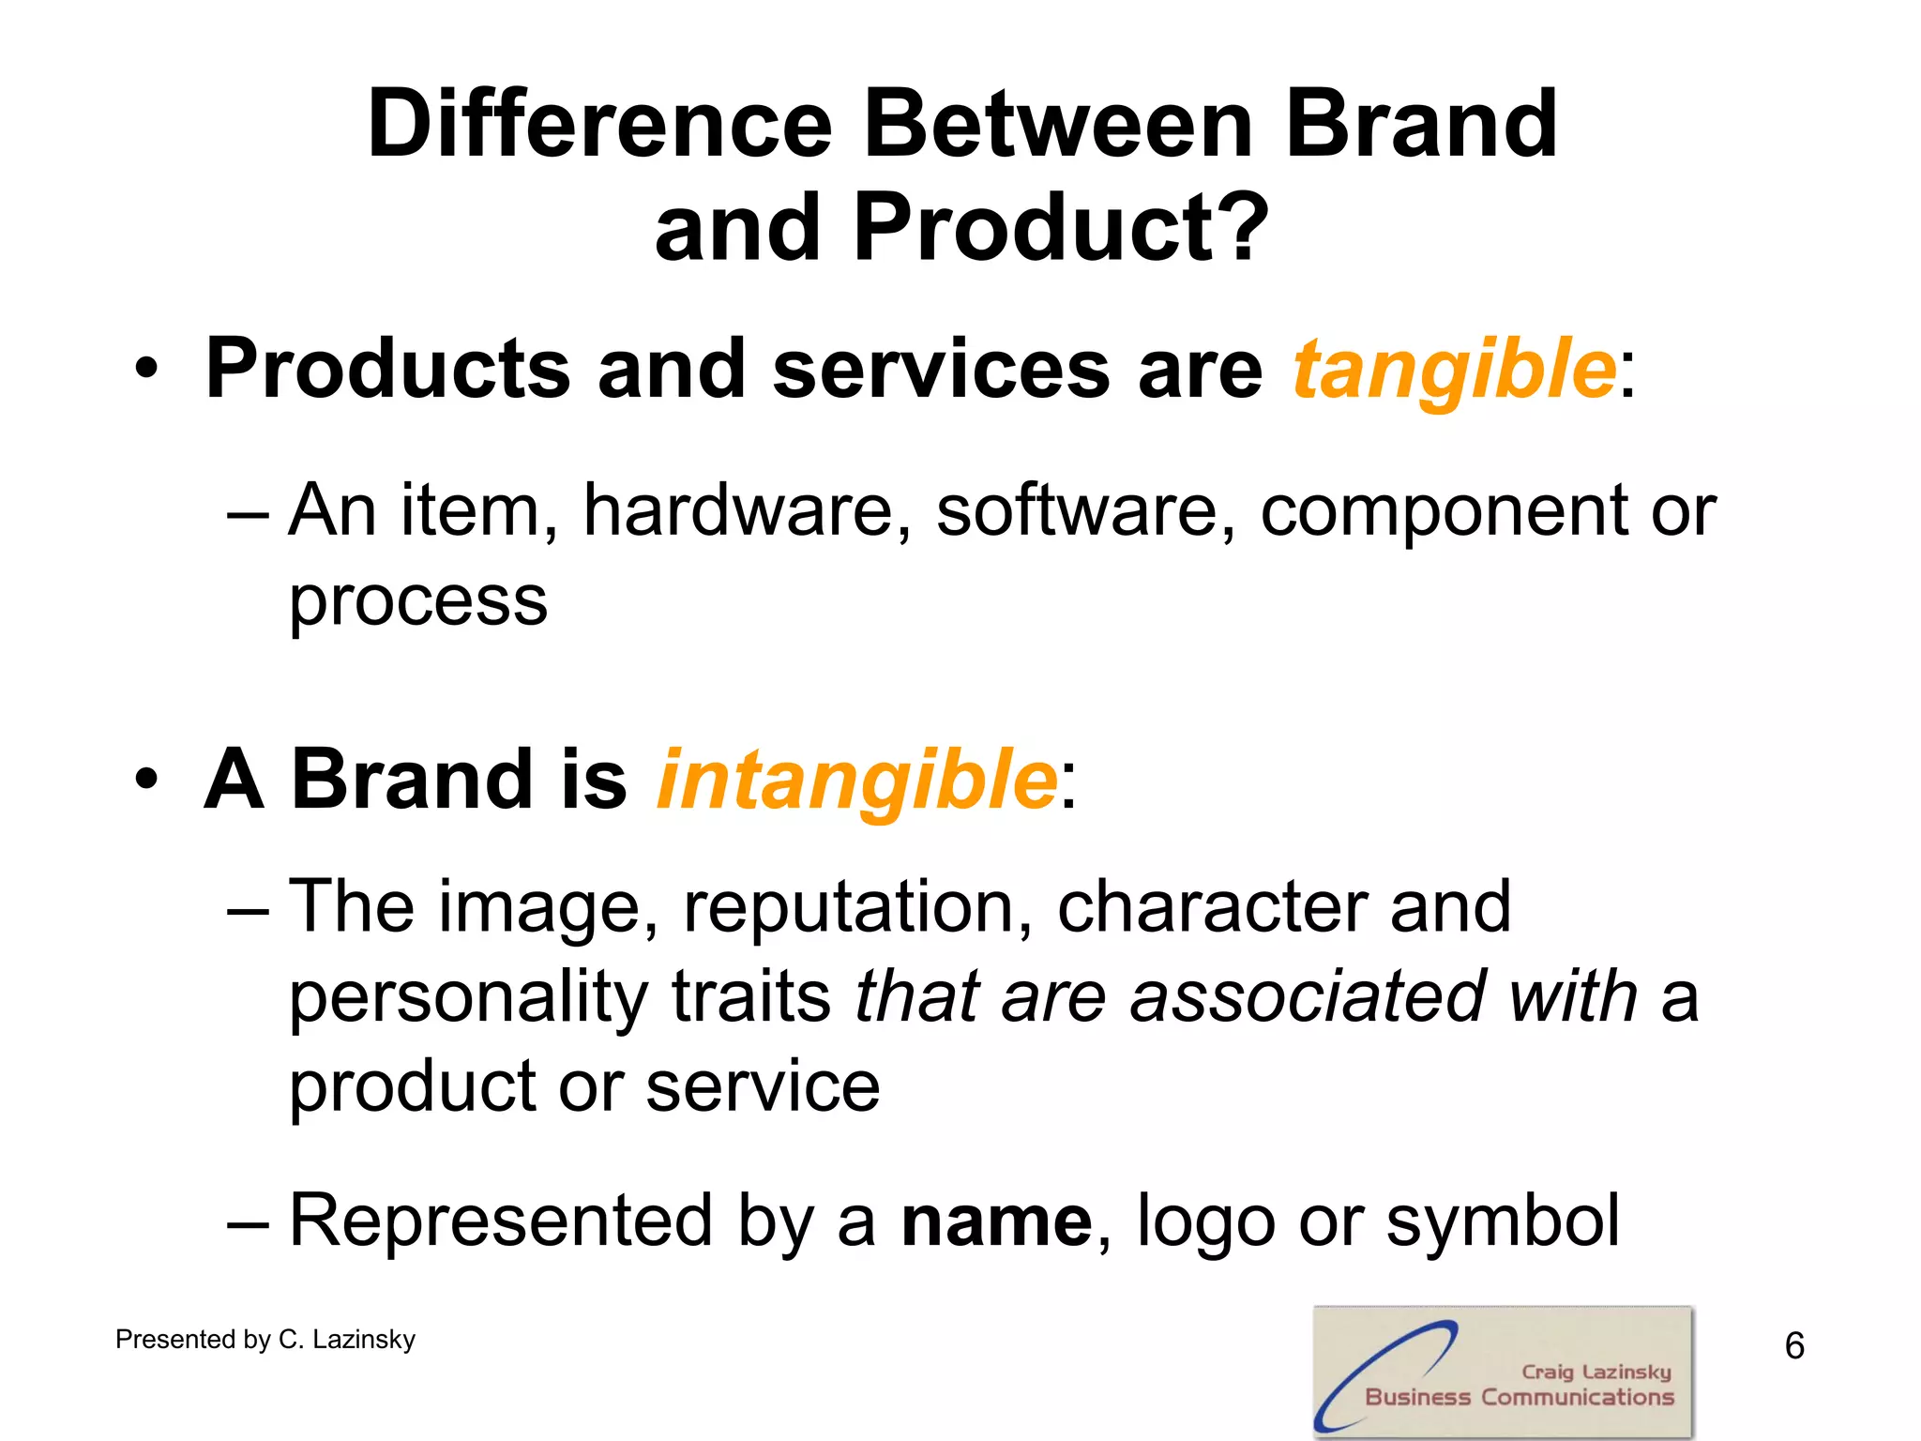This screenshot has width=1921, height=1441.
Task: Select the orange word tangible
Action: (x=1454, y=370)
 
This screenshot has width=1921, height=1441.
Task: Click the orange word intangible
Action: (x=856, y=781)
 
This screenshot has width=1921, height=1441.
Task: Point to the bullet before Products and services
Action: (x=146, y=370)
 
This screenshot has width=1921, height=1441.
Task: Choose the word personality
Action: (x=467, y=997)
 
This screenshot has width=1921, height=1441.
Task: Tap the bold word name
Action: (x=996, y=1221)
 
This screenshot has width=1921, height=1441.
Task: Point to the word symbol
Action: (x=1502, y=1221)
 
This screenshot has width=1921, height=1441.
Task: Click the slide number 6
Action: (x=1793, y=1346)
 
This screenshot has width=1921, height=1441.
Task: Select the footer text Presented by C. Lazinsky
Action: (x=265, y=1340)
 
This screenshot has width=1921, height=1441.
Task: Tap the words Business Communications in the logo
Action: (x=1519, y=1398)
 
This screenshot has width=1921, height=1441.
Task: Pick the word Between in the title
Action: (x=1057, y=124)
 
